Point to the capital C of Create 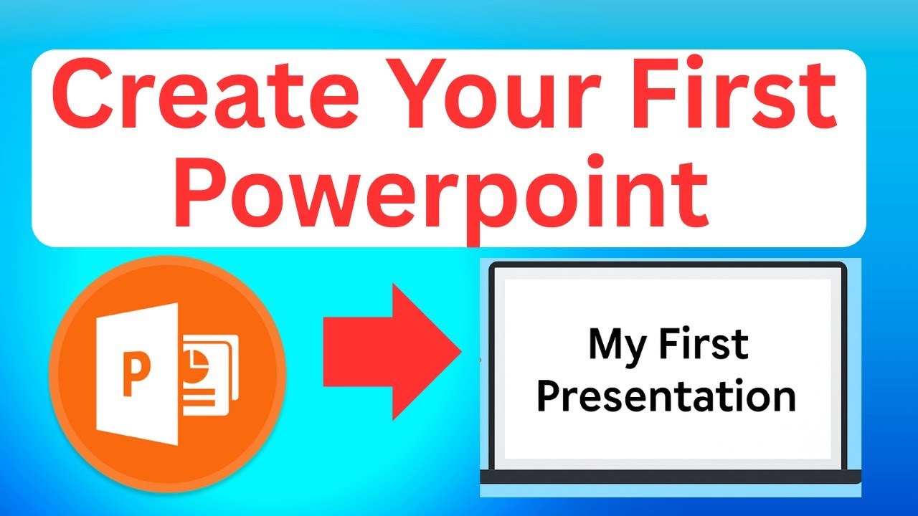coord(80,96)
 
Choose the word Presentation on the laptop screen coord(666,397)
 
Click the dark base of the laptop coord(671,477)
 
